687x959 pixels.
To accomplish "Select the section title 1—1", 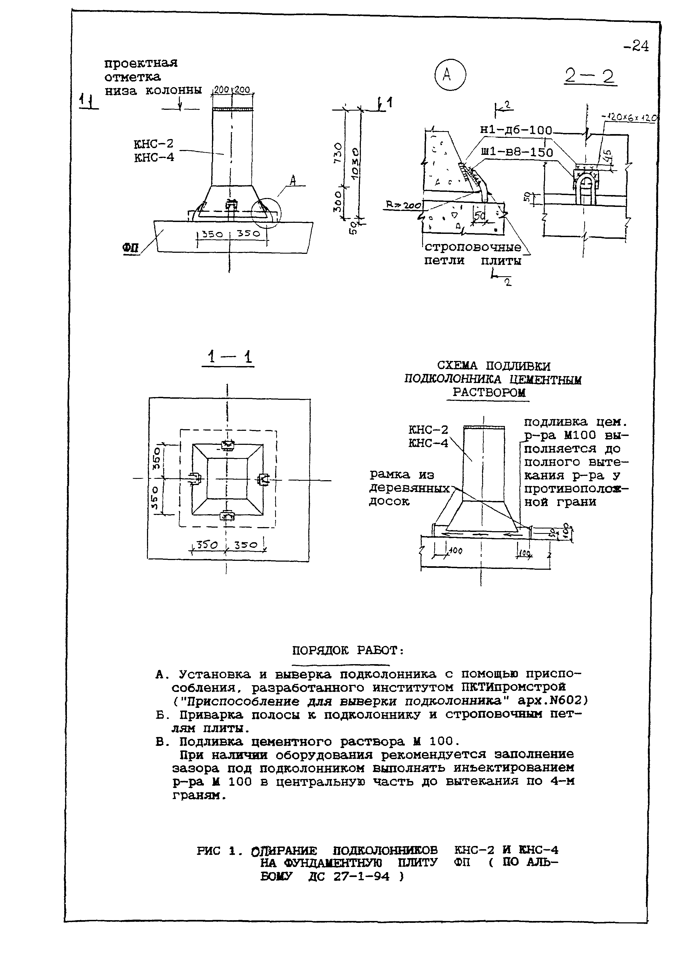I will point(228,357).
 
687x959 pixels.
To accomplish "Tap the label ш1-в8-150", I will point(517,152).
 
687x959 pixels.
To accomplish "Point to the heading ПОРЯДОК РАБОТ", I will point(348,651).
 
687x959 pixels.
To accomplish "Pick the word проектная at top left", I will point(141,63).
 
